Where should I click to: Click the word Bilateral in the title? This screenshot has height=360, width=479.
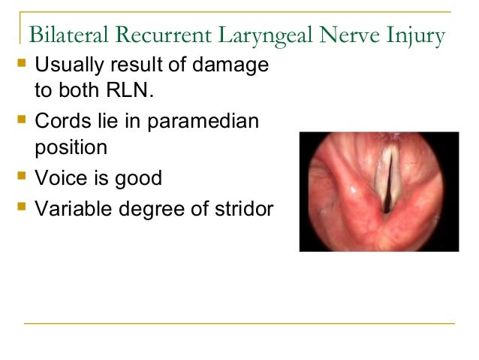pyautogui.click(x=62, y=35)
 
